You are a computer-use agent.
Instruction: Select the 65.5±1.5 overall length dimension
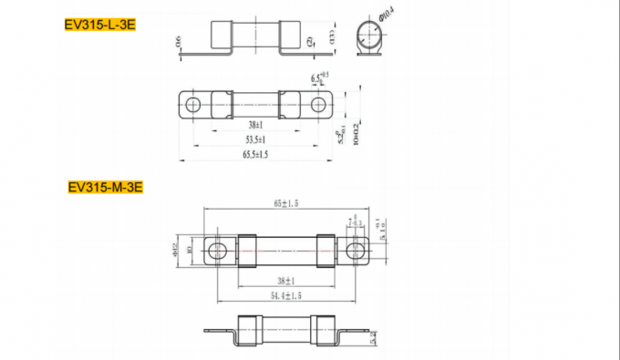255,156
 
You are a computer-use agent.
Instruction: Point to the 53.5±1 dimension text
255,139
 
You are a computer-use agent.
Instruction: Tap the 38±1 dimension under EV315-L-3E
255,125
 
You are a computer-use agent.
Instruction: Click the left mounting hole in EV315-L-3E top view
193,104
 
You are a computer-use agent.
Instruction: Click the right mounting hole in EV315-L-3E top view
318,104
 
